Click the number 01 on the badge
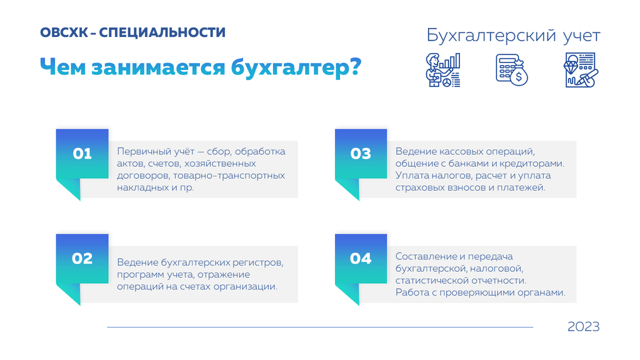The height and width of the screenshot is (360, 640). click(x=82, y=154)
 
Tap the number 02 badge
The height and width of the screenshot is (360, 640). click(x=82, y=258)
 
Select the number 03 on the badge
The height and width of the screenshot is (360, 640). click(x=361, y=154)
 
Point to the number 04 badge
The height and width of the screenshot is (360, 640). click(x=361, y=258)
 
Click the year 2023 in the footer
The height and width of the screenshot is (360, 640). click(x=583, y=326)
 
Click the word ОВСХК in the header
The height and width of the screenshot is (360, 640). click(x=64, y=32)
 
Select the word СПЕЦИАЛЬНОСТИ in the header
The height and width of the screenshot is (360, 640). click(x=162, y=32)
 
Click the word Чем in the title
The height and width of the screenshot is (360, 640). click(x=63, y=67)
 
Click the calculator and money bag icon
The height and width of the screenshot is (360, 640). click(x=512, y=70)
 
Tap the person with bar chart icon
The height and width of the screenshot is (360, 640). click(x=443, y=70)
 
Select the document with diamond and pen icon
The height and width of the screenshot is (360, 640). click(x=581, y=70)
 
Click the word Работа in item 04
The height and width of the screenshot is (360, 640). click(x=410, y=292)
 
